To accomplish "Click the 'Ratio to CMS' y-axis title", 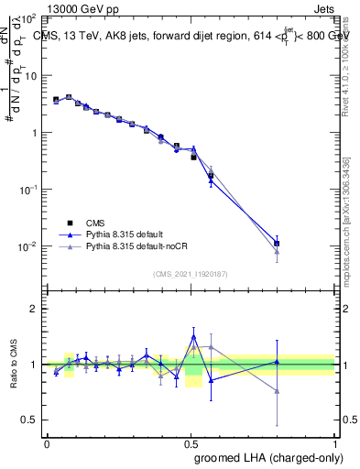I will tap(13, 376).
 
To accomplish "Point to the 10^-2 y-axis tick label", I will tap(31, 246).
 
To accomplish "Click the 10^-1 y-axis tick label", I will tap(31, 190).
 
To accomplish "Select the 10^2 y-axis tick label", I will tap(31, 18).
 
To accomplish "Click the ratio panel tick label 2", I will tap(35, 309).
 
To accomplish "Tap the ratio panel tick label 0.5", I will tap(30, 420).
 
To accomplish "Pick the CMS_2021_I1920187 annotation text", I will tap(191, 272).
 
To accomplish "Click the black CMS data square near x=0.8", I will tap(277, 244).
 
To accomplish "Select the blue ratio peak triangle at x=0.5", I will tap(193, 336).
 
